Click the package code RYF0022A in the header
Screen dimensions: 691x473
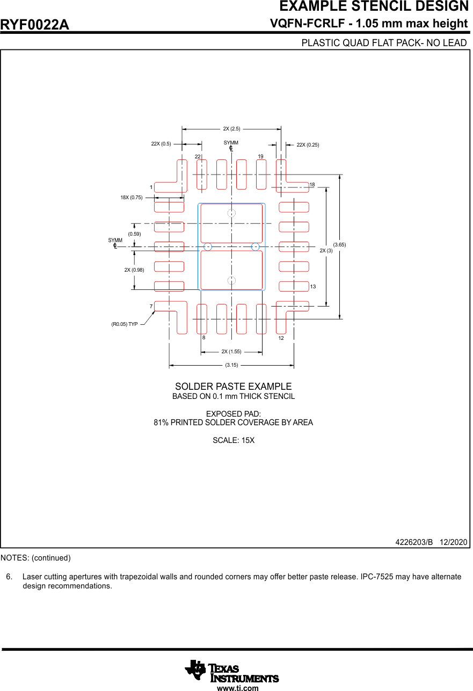pos(35,25)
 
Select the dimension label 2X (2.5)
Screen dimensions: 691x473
pos(231,129)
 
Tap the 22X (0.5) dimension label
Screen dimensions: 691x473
pos(161,144)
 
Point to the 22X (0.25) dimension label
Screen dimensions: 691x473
pos(308,144)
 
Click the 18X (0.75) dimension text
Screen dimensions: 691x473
pos(132,198)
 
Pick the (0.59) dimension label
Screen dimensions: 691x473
pos(134,234)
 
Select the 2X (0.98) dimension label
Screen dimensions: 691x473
pos(134,270)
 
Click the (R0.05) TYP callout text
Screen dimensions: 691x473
pos(125,324)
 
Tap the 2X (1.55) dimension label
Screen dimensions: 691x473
pos(231,352)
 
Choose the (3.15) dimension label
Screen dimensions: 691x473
pos(231,365)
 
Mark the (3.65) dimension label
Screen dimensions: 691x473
pos(340,245)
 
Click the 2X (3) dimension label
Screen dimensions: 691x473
pos(326,251)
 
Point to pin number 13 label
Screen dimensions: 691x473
pos(313,287)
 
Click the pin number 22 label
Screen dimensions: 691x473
pos(198,156)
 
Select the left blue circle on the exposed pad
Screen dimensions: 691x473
pos(208,247)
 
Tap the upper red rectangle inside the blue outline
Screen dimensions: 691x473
pos(231,223)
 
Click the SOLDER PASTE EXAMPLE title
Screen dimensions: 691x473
pos(234,387)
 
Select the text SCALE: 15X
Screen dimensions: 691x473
pos(234,440)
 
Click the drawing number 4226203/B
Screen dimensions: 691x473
pos(414,542)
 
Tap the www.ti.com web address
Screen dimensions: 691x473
pos(237,688)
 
